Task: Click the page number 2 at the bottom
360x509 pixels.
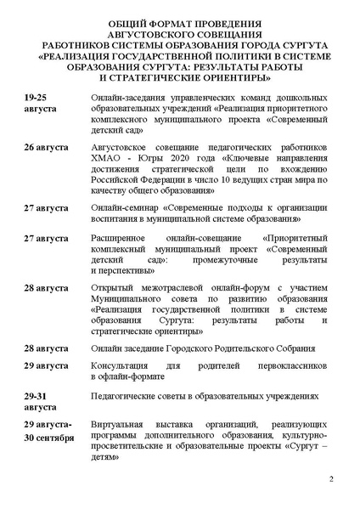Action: click(331, 482)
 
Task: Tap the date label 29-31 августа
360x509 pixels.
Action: click(42, 400)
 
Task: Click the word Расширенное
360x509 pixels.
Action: click(127, 240)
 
